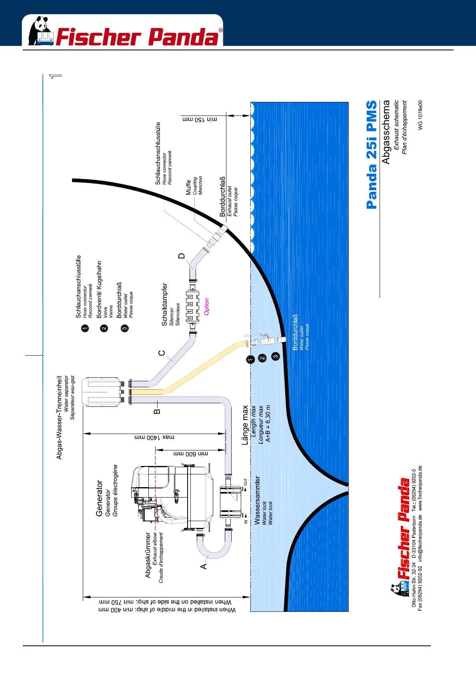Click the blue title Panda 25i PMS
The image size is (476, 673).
tap(372, 155)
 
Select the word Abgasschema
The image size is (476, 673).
tap(386, 132)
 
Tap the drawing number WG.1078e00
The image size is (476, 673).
tap(420, 115)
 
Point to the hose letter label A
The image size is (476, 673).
tap(204, 566)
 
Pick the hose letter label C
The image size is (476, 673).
tap(161, 353)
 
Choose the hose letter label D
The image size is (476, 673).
tap(182, 256)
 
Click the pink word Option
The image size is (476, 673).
tap(206, 307)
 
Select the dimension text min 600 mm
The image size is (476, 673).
tap(190, 454)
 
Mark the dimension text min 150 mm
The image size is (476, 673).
tap(200, 119)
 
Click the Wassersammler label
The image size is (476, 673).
tap(257, 500)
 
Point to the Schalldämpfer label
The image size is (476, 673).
tap(164, 305)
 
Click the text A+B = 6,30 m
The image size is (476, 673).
tap(268, 424)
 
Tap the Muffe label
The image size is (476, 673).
tap(188, 187)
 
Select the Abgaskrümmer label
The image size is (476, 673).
tap(148, 555)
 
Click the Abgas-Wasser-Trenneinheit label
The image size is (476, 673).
tap(59, 417)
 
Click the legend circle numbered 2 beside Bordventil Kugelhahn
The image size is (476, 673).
tap(104, 328)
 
